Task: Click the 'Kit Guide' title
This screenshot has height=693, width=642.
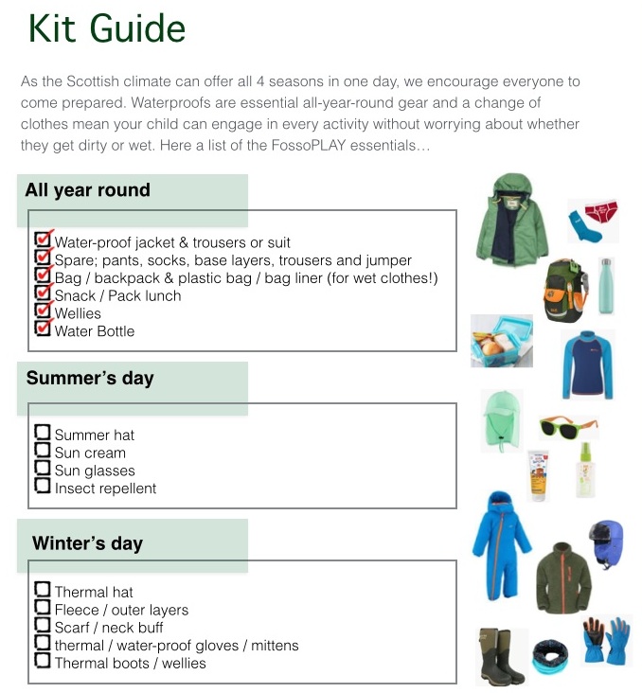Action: [106, 28]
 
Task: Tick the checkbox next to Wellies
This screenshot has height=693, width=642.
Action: [42, 311]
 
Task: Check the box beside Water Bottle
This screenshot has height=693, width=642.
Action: [42, 329]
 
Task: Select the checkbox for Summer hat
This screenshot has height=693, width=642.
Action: [42, 433]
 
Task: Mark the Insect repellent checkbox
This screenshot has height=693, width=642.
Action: [42, 486]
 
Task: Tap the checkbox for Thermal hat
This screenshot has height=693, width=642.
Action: [42, 589]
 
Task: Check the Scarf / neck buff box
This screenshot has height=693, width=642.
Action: [42, 625]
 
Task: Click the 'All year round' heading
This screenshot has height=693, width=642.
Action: [87, 190]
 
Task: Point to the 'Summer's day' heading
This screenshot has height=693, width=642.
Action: [90, 379]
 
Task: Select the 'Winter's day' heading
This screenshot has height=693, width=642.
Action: [87, 543]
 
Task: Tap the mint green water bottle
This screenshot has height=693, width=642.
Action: [605, 286]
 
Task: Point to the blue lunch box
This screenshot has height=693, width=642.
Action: [502, 340]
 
